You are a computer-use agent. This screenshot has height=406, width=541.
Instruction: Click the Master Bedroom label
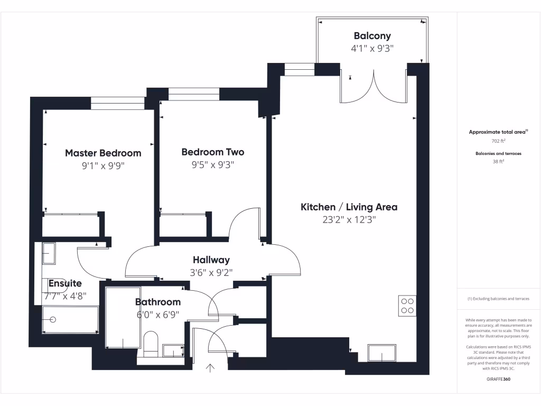click(x=103, y=153)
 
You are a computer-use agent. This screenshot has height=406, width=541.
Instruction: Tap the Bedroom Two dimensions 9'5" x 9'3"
click(x=212, y=165)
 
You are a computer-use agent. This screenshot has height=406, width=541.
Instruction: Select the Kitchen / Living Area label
click(x=349, y=207)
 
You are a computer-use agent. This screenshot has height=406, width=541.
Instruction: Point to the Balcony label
click(x=372, y=36)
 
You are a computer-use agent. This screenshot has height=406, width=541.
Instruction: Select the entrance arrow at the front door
click(x=211, y=368)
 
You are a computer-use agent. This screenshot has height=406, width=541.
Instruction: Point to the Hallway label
click(x=211, y=260)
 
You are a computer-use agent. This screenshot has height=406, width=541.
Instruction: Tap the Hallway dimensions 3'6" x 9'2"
click(x=211, y=273)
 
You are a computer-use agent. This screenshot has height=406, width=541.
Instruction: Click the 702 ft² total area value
click(x=499, y=141)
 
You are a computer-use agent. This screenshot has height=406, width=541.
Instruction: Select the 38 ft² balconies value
click(x=499, y=162)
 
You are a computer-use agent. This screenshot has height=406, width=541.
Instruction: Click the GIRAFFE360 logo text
click(x=499, y=379)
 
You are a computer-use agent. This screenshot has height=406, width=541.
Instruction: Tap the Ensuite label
click(x=65, y=283)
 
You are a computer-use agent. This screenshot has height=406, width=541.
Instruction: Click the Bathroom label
click(x=157, y=302)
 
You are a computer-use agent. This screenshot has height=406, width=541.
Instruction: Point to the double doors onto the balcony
click(x=374, y=87)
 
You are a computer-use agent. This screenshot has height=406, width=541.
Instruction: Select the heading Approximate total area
click(x=498, y=132)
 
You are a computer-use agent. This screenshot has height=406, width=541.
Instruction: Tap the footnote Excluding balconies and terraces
click(x=498, y=299)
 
